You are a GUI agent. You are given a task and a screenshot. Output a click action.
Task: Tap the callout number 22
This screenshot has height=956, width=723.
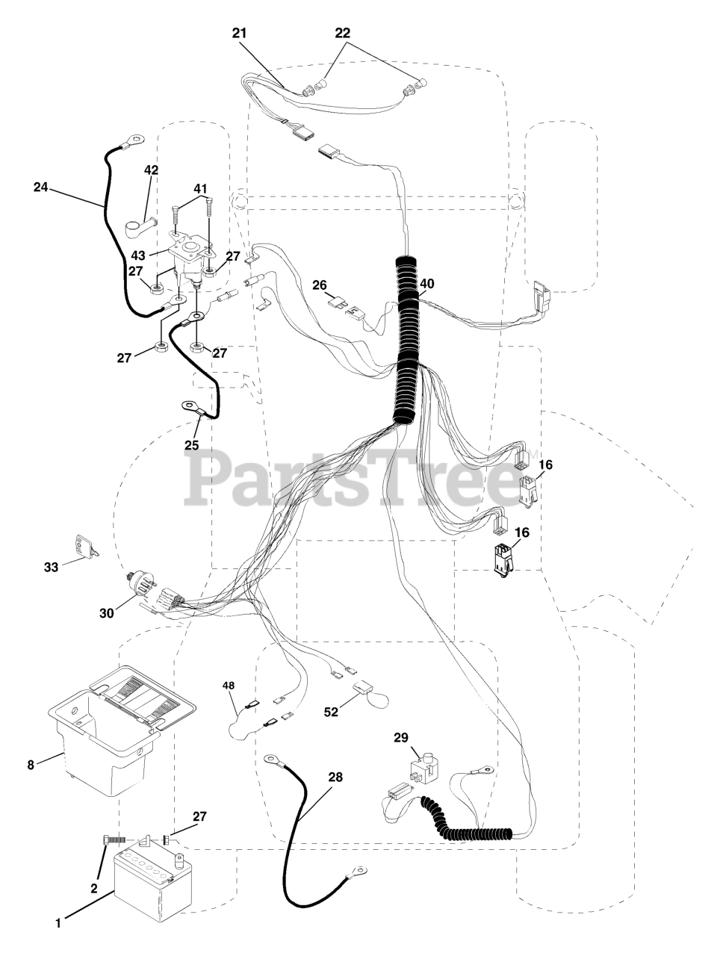click(343, 34)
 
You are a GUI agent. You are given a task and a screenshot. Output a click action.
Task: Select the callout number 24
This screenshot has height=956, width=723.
click(41, 187)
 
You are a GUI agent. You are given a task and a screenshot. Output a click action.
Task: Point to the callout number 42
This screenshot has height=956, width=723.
click(151, 170)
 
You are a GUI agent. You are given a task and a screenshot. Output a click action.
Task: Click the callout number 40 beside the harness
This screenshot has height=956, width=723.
click(426, 284)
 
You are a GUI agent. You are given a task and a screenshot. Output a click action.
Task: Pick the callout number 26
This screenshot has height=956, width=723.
click(320, 285)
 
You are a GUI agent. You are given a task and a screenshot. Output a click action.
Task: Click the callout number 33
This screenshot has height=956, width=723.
click(51, 567)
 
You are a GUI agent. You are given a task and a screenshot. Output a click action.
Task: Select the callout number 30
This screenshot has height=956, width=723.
click(107, 612)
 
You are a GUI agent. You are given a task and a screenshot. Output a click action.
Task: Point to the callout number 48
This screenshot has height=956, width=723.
click(229, 685)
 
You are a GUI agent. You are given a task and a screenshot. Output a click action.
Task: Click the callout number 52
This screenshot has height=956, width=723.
click(331, 713)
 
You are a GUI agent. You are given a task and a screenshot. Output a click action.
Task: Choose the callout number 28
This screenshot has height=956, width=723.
click(335, 777)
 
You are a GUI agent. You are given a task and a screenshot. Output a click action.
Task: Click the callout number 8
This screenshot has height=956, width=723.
click(31, 764)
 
